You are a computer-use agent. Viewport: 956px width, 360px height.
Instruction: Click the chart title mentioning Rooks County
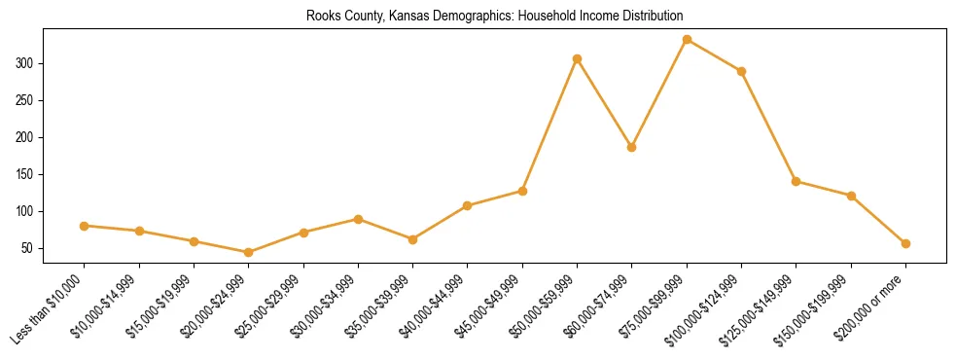pyautogui.click(x=494, y=16)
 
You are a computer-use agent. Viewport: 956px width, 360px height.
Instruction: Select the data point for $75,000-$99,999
pyautogui.click(x=687, y=40)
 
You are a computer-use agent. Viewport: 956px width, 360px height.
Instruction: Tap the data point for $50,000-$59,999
pyautogui.click(x=577, y=59)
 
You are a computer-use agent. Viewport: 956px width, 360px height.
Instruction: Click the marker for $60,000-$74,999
pyautogui.click(x=632, y=148)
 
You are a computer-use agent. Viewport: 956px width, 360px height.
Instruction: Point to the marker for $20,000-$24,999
pyautogui.click(x=248, y=253)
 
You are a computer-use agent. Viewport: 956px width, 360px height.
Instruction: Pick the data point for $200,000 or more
pyautogui.click(x=905, y=243)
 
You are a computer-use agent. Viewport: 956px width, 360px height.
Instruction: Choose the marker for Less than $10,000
pyautogui.click(x=84, y=226)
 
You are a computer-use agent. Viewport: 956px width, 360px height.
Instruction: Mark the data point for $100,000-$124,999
pyautogui.click(x=741, y=71)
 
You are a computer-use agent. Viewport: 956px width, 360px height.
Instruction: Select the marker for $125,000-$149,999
pyautogui.click(x=797, y=181)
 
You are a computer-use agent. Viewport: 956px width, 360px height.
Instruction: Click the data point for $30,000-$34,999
pyautogui.click(x=358, y=219)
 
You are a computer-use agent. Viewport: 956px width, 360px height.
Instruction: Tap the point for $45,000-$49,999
pyautogui.click(x=522, y=191)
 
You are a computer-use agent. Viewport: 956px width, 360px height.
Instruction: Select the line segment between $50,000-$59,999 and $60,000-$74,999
pyautogui.click(x=605, y=103)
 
